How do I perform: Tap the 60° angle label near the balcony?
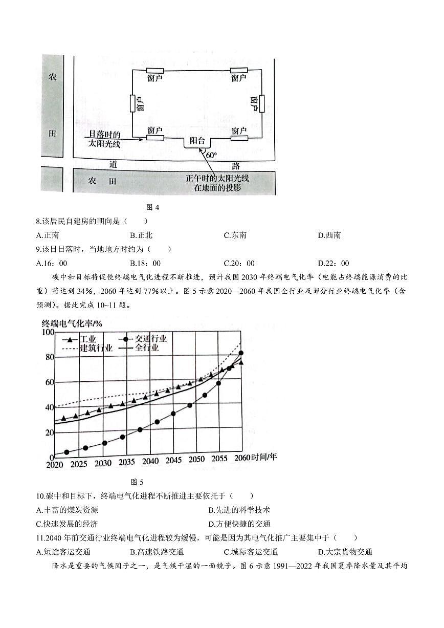(x=210, y=154)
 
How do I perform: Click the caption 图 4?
(x=153, y=207)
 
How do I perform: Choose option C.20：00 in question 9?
(x=239, y=264)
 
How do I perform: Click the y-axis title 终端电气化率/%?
(x=73, y=323)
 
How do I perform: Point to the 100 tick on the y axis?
(x=47, y=332)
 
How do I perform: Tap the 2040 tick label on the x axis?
(x=150, y=462)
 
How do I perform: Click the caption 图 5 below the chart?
(x=137, y=482)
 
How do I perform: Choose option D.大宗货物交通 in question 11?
(x=345, y=552)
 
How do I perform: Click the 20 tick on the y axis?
(x=49, y=432)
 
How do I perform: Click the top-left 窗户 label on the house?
(x=154, y=78)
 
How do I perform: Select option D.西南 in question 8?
(x=329, y=235)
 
